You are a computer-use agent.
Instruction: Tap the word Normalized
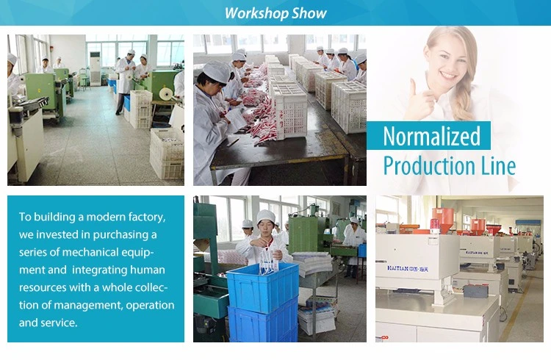(x=431, y=136)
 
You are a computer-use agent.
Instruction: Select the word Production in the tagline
(x=429, y=165)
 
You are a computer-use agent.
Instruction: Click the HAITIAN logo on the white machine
(x=408, y=269)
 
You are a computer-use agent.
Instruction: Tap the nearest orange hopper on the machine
(x=443, y=220)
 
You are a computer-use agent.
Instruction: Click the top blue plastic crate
(x=262, y=287)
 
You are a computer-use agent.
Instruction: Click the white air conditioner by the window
(x=96, y=68)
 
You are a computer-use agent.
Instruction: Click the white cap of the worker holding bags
(x=266, y=216)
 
